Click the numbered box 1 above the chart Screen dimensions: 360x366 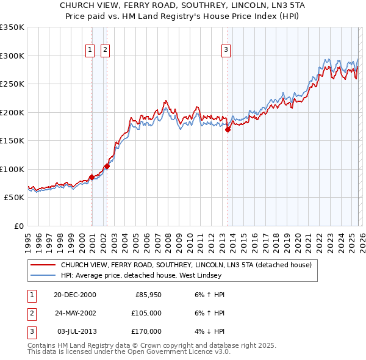pyautogui.click(x=90, y=50)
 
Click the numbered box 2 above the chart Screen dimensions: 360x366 pyautogui.click(x=105, y=50)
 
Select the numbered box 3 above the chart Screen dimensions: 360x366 pyautogui.click(x=226, y=50)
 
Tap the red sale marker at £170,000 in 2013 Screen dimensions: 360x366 pyautogui.click(x=228, y=129)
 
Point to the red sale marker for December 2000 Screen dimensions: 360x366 pyautogui.click(x=91, y=178)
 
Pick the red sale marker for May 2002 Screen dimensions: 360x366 pyautogui.click(x=107, y=166)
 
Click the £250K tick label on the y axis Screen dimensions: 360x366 pyautogui.click(x=12, y=84)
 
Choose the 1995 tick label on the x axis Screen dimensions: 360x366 pyautogui.click(x=28, y=239)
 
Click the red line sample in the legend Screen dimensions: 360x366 pyautogui.click(x=43, y=265)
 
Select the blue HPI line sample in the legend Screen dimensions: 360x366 pyautogui.click(x=43, y=275)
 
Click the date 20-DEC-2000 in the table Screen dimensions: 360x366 pyautogui.click(x=75, y=295)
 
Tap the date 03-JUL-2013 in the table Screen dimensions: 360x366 pyautogui.click(x=75, y=331)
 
